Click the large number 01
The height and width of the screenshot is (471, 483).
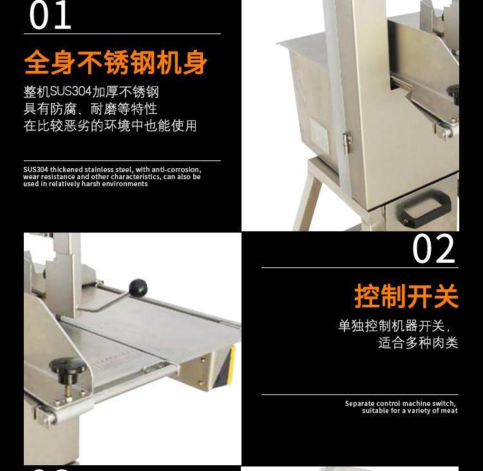pos(50,15)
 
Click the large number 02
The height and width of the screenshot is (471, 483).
pos(433,249)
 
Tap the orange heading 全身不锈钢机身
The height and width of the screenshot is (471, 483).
pos(115,62)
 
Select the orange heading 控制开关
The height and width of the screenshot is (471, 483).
pos(406,296)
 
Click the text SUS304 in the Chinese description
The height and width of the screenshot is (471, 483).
pos(71,91)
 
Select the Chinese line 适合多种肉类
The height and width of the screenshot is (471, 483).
pos(419,343)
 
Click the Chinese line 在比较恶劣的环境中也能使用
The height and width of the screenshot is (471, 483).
pos(110,126)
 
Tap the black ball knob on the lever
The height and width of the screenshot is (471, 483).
pos(138,287)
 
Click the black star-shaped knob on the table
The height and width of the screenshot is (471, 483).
pos(67,367)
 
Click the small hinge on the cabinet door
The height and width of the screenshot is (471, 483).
pos(348,143)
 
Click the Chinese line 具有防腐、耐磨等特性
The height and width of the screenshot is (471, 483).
pos(90,108)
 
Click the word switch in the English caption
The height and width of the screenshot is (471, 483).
pos(444,403)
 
